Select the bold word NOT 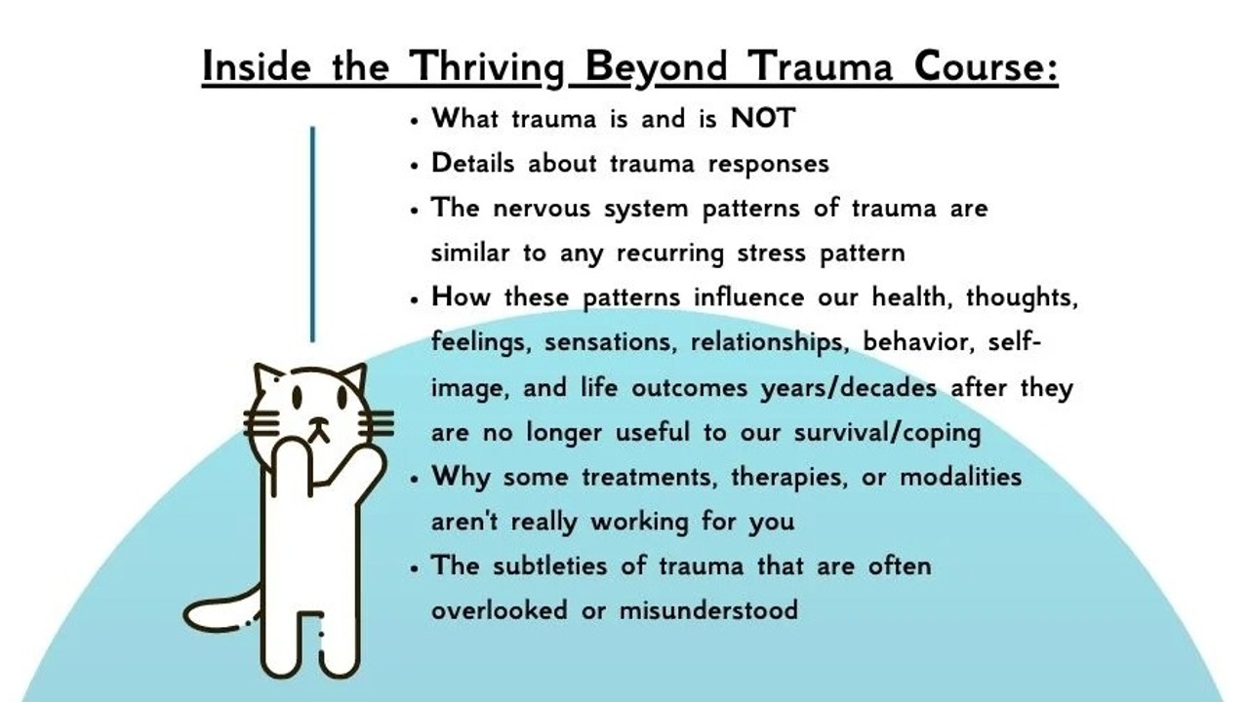pos(762,118)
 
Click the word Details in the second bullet pos(472,163)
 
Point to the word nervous pos(542,210)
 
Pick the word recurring pos(669,253)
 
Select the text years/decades pos(849,388)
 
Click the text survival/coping pos(887,433)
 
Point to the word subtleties pos(549,565)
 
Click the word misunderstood pos(708,610)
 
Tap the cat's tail pos(221,615)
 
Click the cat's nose pos(319,422)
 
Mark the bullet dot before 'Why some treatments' pos(414,479)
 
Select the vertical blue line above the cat pos(312,234)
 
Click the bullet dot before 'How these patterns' pos(414,299)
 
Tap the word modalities pos(961,477)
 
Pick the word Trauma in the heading pos(820,66)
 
